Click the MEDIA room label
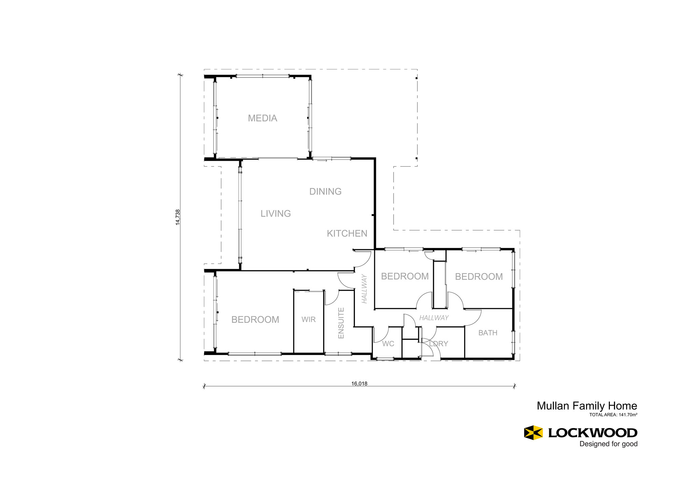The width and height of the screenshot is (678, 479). pos(262,118)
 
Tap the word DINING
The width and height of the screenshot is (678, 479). pos(325,192)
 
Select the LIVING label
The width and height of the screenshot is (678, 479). pos(276,214)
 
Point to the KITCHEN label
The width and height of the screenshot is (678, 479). pos(347,234)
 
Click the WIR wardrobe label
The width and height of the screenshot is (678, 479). pos(308,319)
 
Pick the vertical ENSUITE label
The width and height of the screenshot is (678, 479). pos(341,323)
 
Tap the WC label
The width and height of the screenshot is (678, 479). pos(388,344)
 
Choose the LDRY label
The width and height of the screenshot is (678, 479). pos(439,344)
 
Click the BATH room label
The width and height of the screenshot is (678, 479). pos(488,333)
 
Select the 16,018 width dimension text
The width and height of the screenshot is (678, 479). pos(359,383)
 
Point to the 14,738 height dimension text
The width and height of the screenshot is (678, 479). pos(178,217)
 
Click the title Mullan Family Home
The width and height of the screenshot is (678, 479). pos(587,406)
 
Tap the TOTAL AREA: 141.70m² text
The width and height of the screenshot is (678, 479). pos(613,415)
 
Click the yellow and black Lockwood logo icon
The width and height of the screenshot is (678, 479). pos(533,433)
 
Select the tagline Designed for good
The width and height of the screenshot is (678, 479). pos(609,444)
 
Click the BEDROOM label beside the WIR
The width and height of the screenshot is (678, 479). pos(255,320)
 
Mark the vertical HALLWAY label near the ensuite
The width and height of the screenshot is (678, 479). pos(364,289)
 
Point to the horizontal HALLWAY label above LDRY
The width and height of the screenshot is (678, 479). pos(434,318)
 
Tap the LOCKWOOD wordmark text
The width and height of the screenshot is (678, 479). pos(593,433)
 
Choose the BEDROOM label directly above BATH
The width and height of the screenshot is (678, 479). pos(479,277)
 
